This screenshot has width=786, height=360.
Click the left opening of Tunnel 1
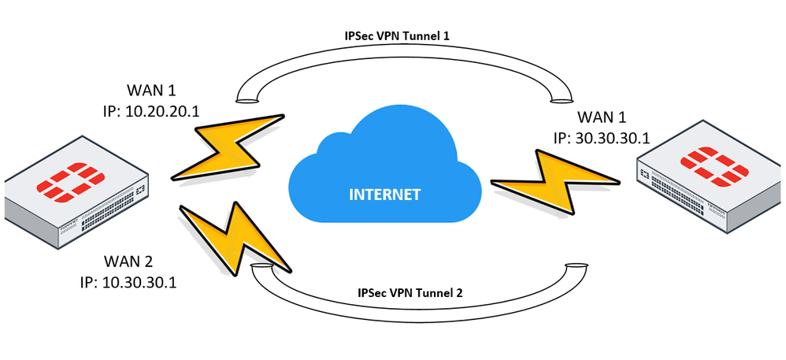pyautogui.click(x=246, y=100)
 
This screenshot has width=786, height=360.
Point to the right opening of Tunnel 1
pyautogui.click(x=562, y=98)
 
